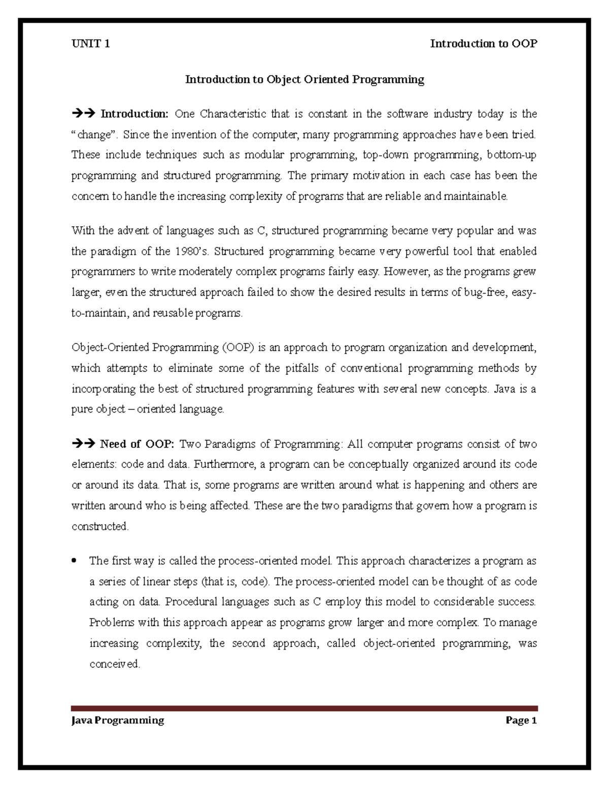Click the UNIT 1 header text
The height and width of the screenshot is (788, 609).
click(90, 44)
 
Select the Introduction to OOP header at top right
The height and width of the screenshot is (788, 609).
click(483, 44)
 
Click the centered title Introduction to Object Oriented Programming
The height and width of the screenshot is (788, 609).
click(304, 79)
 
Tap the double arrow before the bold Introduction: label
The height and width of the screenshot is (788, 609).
click(83, 114)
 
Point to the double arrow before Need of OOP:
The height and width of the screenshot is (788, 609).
click(83, 444)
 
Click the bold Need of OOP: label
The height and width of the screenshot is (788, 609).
click(137, 444)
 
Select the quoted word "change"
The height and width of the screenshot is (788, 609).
click(92, 135)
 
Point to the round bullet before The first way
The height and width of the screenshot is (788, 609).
click(75, 561)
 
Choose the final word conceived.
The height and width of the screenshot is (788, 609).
click(114, 664)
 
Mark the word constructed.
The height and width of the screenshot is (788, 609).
click(100, 527)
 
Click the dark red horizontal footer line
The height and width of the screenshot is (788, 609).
click(304, 708)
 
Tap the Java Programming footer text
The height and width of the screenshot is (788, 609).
click(118, 721)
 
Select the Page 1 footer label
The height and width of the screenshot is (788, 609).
click(521, 721)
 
